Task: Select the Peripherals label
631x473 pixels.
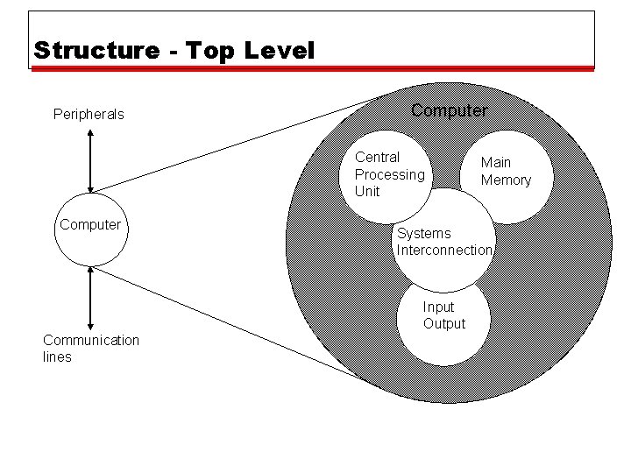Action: pyautogui.click(x=89, y=114)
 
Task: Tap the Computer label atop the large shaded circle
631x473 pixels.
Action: pyautogui.click(x=449, y=110)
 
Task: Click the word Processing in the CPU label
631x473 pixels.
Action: pyautogui.click(x=389, y=174)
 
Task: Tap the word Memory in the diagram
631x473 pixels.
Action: pyautogui.click(x=506, y=180)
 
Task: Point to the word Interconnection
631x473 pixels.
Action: pyautogui.click(x=444, y=251)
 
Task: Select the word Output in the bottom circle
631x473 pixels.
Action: pyautogui.click(x=444, y=324)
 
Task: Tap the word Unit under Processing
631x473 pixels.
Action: pyautogui.click(x=367, y=191)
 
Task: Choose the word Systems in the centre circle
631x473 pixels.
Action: pyautogui.click(x=423, y=234)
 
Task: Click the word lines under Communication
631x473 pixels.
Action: pyautogui.click(x=57, y=357)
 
